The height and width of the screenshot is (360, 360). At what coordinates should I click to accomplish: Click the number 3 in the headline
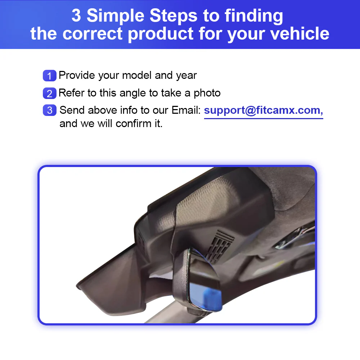76,16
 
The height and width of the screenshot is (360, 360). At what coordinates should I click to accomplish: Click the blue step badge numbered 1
49,76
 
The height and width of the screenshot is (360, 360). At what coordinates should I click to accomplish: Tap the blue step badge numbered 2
49,93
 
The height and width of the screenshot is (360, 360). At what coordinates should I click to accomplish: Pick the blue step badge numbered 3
49,110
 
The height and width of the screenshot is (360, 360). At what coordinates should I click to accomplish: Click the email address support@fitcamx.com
263,110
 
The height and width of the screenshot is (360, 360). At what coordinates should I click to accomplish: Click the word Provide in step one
77,76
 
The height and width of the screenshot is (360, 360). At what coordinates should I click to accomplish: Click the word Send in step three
72,110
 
